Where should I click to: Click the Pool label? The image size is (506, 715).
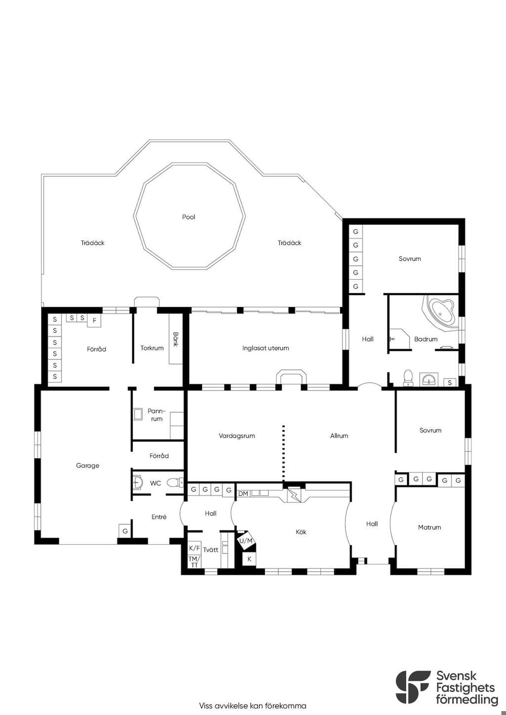[x=188, y=217]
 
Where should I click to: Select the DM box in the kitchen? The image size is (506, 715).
[x=244, y=494]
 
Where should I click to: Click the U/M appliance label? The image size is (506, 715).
[x=246, y=541]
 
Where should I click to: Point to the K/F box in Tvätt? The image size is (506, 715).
[x=194, y=549]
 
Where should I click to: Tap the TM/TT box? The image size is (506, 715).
[x=194, y=562]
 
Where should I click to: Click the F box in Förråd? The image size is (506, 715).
[x=94, y=320]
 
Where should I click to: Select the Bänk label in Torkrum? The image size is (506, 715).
[x=175, y=339]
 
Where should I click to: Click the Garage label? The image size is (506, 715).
[x=87, y=465]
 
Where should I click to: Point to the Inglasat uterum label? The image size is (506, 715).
[x=265, y=348]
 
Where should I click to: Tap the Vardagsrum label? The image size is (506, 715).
[x=237, y=436]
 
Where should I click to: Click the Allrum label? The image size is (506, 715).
[x=339, y=436]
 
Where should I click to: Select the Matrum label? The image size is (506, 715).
[x=429, y=527]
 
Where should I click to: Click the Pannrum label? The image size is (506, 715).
[x=157, y=415]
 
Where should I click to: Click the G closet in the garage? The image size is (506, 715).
[x=125, y=531]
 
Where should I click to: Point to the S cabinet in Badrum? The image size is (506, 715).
[x=450, y=382]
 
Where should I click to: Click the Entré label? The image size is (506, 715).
[x=159, y=517]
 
